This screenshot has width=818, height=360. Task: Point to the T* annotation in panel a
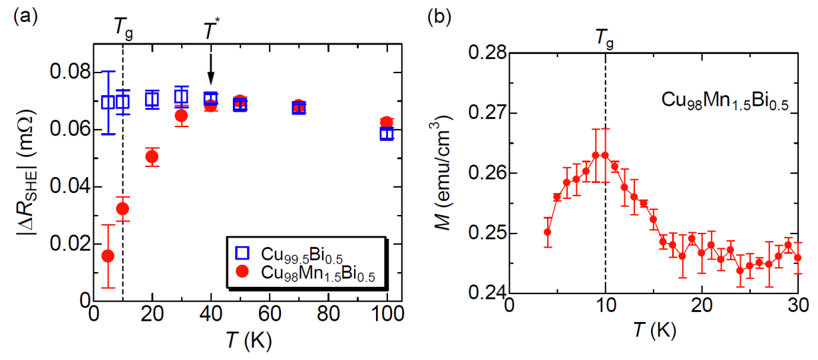(210, 31)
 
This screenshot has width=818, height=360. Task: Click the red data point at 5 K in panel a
(108, 256)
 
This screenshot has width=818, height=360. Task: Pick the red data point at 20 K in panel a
(152, 157)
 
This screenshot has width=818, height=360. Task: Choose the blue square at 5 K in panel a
(108, 102)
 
